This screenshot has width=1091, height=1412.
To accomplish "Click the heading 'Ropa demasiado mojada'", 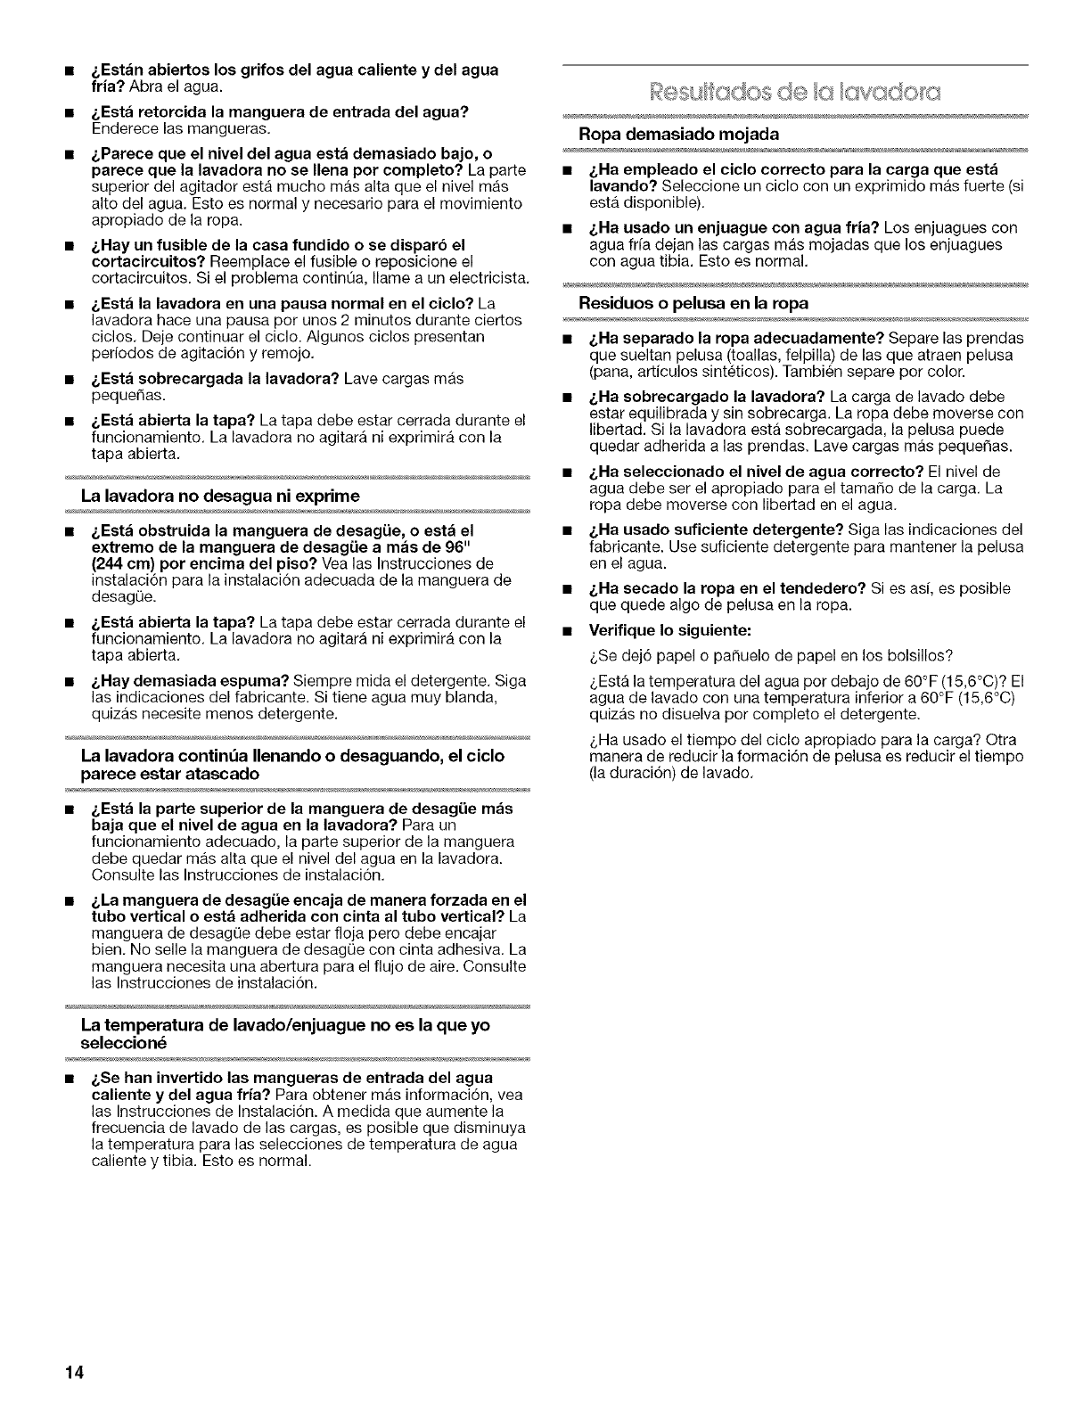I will (679, 134).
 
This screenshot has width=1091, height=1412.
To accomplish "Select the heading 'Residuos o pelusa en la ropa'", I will (693, 303).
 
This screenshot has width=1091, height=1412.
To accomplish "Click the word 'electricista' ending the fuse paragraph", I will (487, 276).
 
